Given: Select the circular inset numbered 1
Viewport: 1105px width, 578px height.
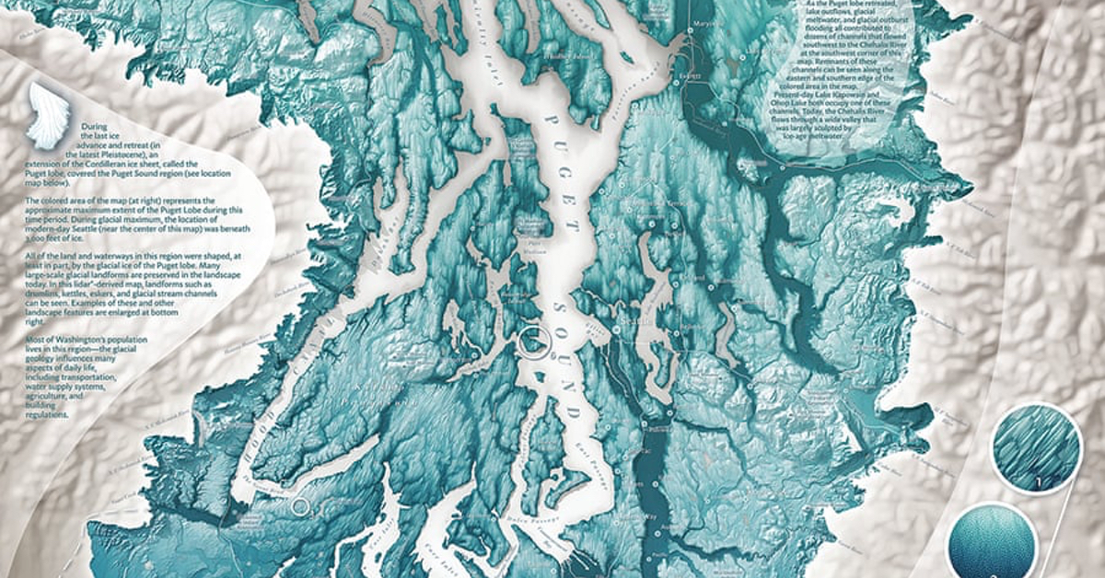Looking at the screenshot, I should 1036,448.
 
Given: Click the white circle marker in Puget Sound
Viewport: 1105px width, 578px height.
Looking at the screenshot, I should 532,342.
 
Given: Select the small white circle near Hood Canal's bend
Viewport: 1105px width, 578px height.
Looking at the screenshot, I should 299,505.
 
